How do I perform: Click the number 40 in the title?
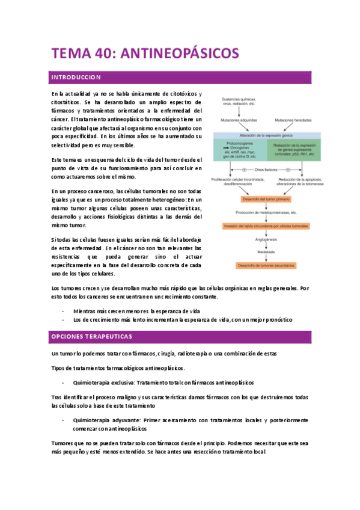[x=99, y=54]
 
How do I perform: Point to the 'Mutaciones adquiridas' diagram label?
[x=239, y=120]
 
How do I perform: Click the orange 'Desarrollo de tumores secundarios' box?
[x=265, y=265]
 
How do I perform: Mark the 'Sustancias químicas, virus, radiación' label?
[x=239, y=100]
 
